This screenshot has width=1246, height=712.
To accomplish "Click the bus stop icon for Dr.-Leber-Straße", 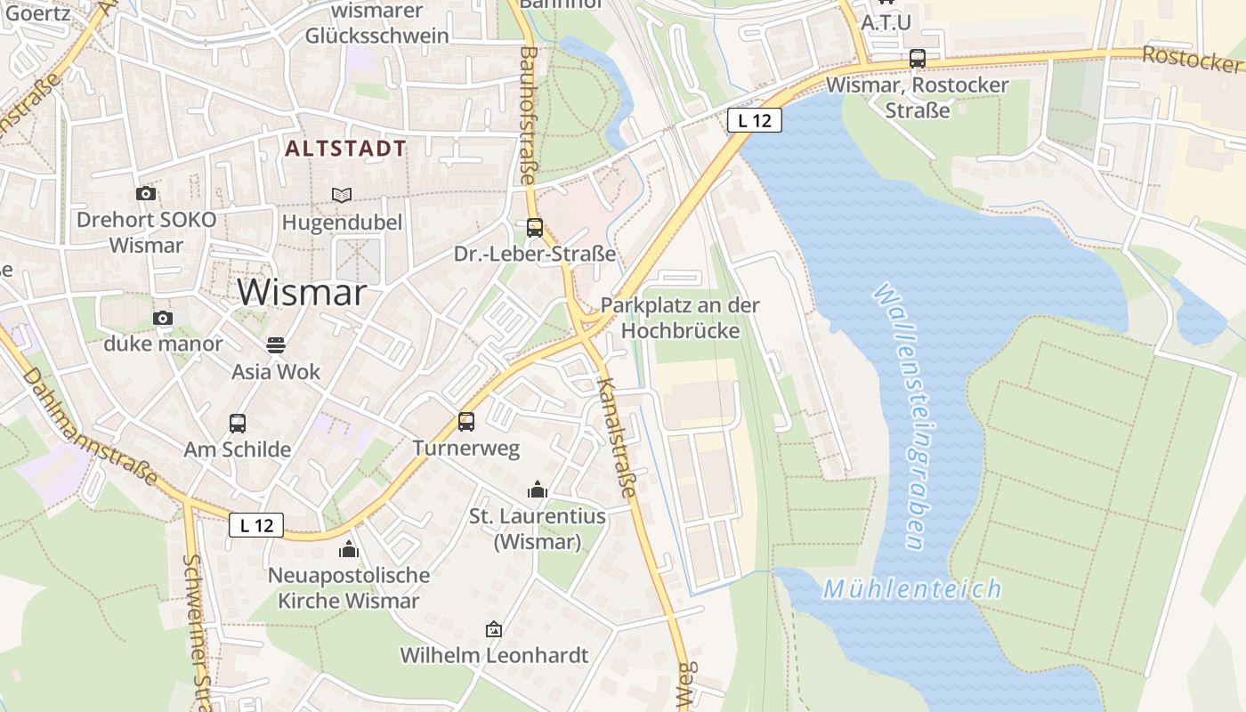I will [534, 227].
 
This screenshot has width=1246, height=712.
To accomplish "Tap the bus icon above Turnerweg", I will [466, 421].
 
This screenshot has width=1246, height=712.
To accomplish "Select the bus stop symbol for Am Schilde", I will [238, 423].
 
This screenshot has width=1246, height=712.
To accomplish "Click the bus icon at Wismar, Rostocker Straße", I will [918, 59].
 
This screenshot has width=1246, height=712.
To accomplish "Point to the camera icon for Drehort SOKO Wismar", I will [146, 193].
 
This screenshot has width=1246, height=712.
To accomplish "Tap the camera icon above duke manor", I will [162, 318].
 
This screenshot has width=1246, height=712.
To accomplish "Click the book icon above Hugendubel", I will [342, 195].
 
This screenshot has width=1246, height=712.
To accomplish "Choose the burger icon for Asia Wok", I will [276, 344].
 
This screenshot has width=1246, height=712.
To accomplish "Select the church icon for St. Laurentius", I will [537, 489].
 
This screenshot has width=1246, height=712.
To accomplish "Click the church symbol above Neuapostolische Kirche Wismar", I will [349, 548].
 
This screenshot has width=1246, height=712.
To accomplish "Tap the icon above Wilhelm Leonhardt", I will [493, 629].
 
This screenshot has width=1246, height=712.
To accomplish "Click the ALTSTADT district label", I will [346, 149].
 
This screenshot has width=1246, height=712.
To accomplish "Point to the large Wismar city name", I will [303, 292].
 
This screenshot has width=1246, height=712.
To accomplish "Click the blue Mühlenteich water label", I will [912, 589].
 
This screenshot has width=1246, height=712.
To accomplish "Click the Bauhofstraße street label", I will [529, 116].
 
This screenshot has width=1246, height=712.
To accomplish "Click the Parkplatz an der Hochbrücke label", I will [680, 318].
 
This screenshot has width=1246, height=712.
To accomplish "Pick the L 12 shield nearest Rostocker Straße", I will [755, 120].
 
